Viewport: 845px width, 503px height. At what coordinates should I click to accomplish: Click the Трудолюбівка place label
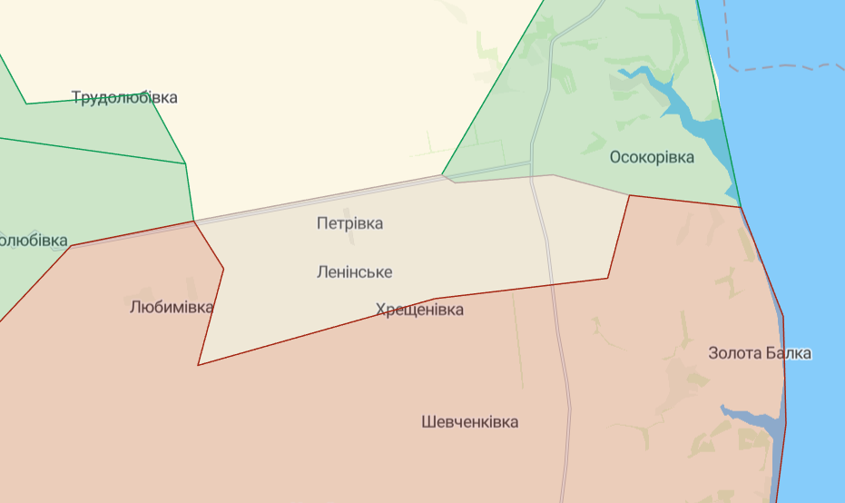click(124, 98)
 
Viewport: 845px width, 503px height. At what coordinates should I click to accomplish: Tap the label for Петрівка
click(349, 223)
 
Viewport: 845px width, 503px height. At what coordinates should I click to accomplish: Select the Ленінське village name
click(354, 271)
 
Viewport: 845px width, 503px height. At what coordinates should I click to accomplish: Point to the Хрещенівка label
click(419, 311)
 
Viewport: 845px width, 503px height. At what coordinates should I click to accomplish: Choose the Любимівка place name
click(172, 307)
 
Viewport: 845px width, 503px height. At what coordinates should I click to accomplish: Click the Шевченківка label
click(470, 422)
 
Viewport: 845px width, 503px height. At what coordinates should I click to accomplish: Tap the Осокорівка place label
click(652, 157)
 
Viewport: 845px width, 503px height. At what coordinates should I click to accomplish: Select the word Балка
click(788, 353)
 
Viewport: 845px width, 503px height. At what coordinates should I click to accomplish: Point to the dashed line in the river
click(781, 67)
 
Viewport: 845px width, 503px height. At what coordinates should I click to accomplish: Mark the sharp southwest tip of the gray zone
click(199, 364)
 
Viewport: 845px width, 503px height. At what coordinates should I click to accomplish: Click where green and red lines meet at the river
click(742, 207)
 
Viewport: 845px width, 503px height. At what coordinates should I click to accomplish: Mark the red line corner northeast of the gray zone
click(629, 195)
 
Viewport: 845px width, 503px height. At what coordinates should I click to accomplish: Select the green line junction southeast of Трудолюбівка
click(186, 163)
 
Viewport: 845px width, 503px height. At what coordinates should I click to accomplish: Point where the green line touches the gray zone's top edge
click(443, 174)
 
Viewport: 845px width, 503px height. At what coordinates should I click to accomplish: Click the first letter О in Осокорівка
click(615, 157)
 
